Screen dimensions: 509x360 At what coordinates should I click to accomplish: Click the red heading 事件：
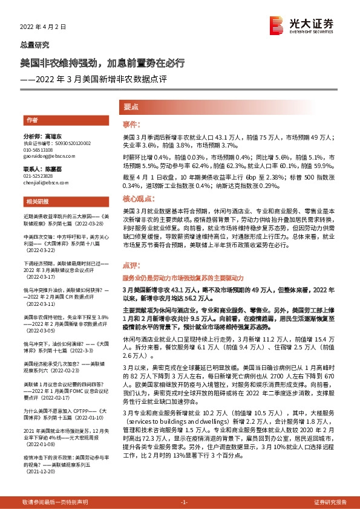131,125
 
